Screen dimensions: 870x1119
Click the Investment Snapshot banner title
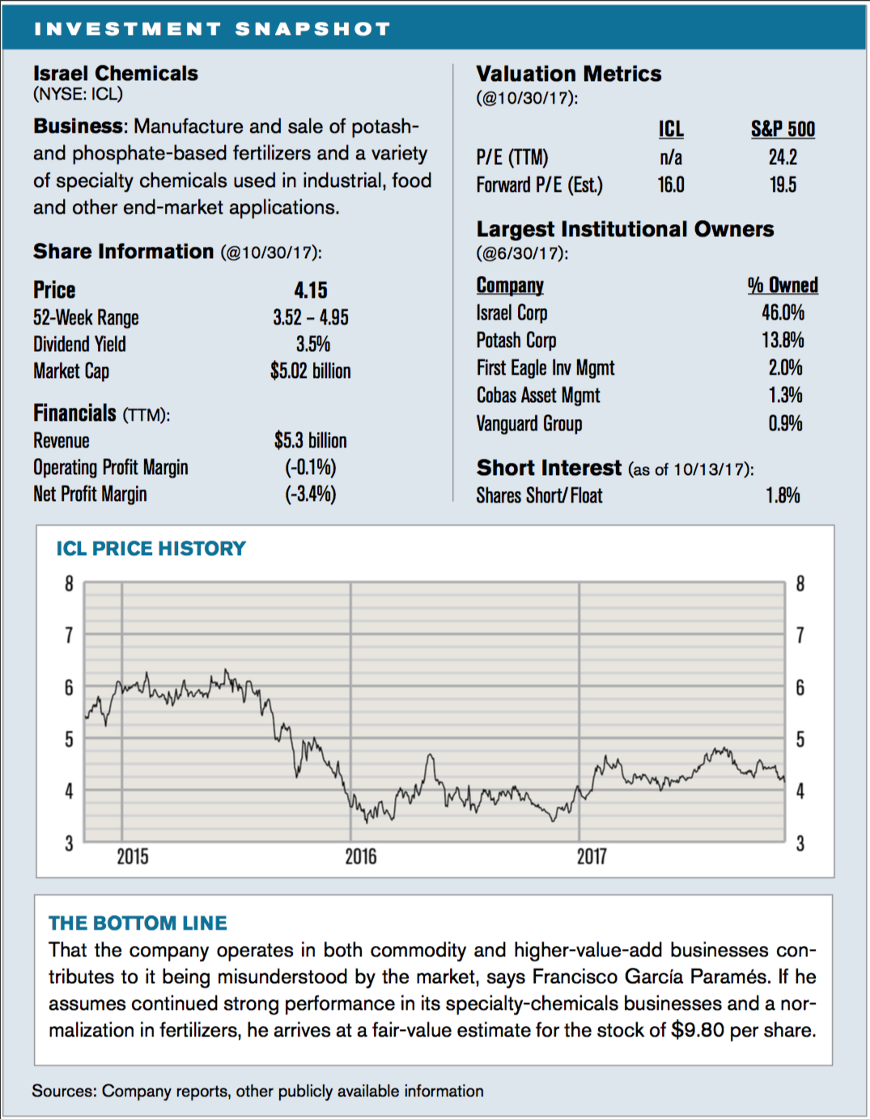[x=212, y=29]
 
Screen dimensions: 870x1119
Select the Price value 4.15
[x=311, y=290]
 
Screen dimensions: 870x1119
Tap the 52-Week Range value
[x=311, y=318]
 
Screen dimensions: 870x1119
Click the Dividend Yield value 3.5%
[x=313, y=344]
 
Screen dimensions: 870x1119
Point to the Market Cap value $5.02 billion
[x=311, y=371]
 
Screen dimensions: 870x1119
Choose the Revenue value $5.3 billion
[x=311, y=441]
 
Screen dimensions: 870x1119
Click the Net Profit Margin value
[x=311, y=494]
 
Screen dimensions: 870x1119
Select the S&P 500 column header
[x=783, y=129]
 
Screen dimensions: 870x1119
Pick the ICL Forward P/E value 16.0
[x=671, y=184]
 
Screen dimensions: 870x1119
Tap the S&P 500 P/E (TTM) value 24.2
[x=783, y=157]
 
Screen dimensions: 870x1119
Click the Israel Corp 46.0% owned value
[x=783, y=312]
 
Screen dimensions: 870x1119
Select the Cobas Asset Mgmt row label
[x=537, y=396]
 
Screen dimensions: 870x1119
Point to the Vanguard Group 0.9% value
[x=786, y=423]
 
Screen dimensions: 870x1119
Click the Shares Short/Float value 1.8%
[x=783, y=495]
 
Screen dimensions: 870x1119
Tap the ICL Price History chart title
[x=151, y=549]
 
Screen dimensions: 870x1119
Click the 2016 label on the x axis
[x=361, y=857]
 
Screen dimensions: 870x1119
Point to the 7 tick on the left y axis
[x=69, y=636]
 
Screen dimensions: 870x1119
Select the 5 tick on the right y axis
[x=800, y=740]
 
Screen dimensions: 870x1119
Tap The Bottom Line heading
[x=138, y=923]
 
